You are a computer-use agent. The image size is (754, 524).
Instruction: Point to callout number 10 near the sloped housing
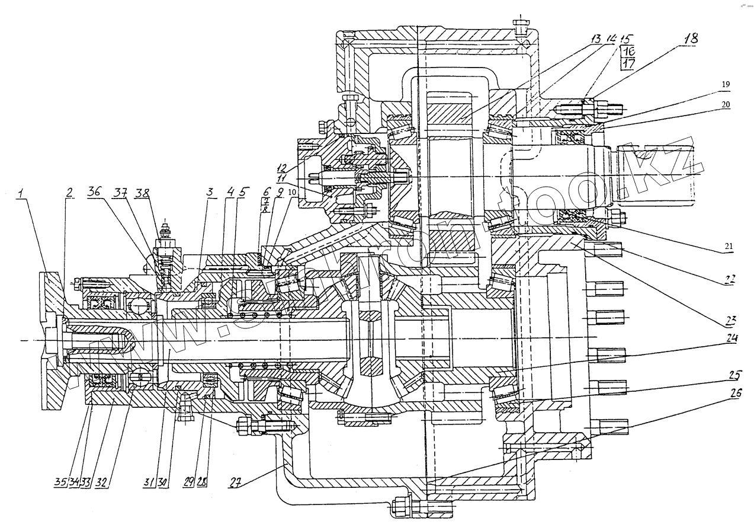[x=292, y=193]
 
